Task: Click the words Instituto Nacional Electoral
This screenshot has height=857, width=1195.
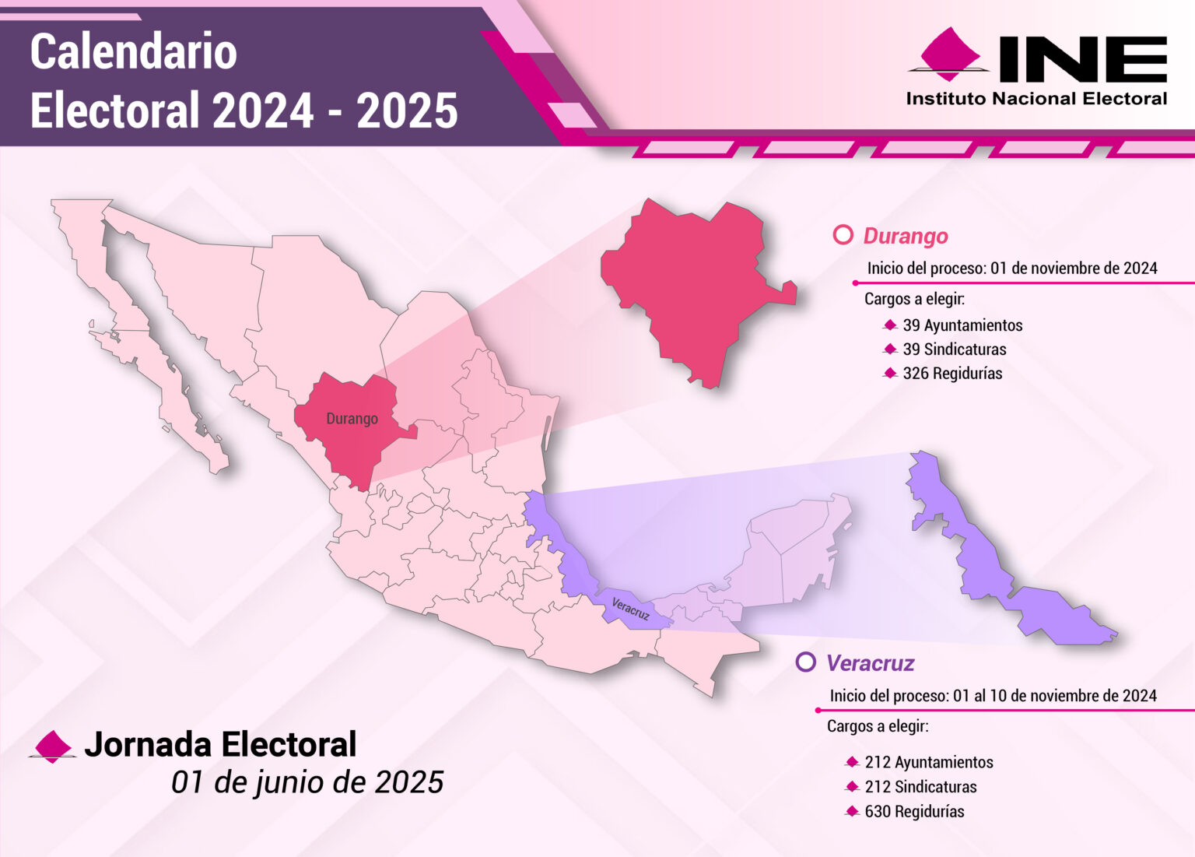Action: tap(1036, 99)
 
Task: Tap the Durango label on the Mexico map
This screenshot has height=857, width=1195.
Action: tap(352, 419)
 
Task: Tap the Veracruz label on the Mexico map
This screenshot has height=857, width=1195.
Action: tap(630, 609)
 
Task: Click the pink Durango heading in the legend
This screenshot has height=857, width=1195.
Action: tap(906, 236)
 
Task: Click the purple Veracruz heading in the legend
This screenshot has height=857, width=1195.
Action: tap(870, 663)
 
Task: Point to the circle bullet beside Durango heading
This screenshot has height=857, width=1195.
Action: tap(843, 235)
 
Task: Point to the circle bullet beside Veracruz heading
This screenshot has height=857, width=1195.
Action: tap(806, 662)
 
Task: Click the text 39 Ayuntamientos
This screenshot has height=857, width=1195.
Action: tap(962, 325)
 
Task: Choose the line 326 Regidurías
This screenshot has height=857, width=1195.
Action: tap(952, 374)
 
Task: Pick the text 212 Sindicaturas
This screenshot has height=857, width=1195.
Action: tap(920, 787)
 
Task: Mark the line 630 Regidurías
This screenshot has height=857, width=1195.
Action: tap(914, 811)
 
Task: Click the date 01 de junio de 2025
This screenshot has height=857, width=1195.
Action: tap(307, 782)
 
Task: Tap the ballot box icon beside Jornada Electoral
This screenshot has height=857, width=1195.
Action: tap(52, 746)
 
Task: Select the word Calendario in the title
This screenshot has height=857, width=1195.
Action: tap(133, 52)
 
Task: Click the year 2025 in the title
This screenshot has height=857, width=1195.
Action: tap(407, 111)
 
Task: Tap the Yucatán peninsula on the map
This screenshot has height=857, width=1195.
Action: tap(794, 545)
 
